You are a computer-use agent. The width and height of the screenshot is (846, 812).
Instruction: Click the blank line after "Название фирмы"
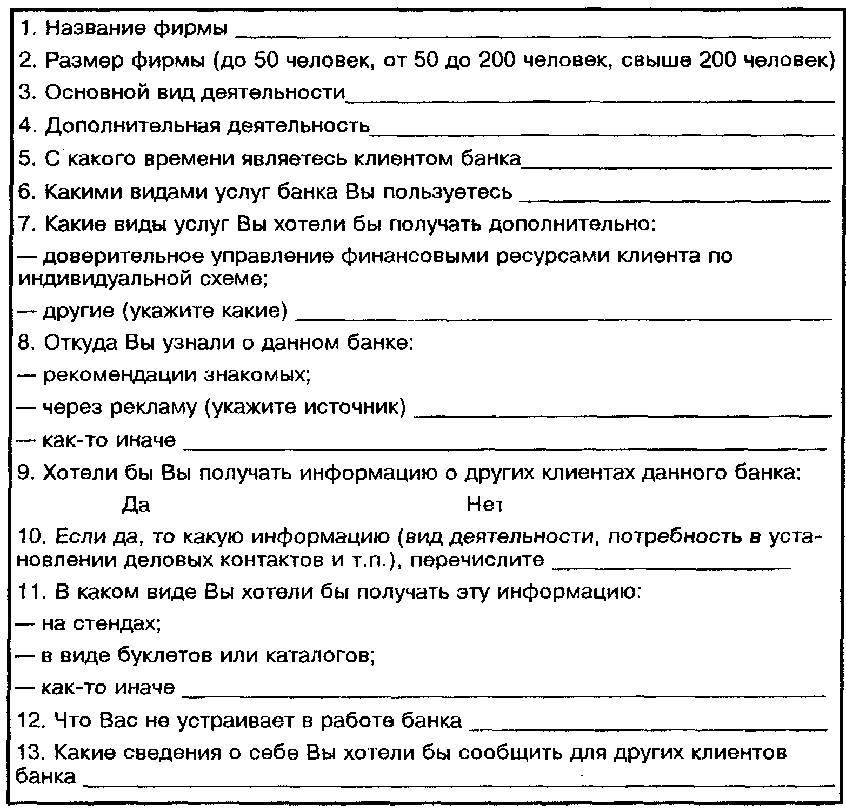tap(532, 36)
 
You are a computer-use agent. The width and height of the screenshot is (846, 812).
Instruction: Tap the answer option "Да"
tap(136, 505)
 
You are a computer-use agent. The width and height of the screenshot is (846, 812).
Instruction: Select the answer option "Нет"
tap(485, 505)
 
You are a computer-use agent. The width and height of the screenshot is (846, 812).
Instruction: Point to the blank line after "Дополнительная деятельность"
tap(602, 133)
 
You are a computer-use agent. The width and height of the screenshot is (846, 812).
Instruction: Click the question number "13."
tap(31, 753)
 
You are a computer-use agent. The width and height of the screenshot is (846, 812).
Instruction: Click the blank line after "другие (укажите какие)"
tap(565, 318)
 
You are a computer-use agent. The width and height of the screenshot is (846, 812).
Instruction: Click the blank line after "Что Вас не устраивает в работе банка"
tap(647, 728)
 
